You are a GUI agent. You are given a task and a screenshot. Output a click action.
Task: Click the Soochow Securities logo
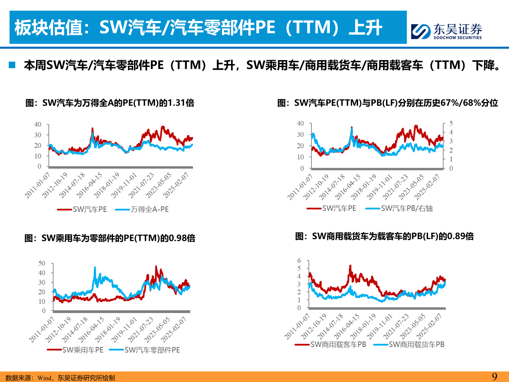[446, 31]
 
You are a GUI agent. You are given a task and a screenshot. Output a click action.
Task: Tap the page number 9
[495, 376]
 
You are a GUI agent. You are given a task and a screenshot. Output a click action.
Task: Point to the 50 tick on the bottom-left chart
[42, 263]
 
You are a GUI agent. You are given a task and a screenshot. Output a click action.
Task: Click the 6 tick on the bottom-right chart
[299, 261]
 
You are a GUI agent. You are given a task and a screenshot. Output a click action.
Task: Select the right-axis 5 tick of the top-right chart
[451, 123]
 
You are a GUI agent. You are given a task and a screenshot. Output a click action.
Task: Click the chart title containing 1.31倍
[110, 103]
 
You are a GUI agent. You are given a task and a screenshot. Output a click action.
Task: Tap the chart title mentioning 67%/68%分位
[387, 103]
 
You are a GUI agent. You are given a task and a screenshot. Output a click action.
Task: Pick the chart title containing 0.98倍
[110, 238]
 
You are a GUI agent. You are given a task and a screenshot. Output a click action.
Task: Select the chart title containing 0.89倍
[384, 236]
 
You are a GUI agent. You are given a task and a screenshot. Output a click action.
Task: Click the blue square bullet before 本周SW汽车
[12, 65]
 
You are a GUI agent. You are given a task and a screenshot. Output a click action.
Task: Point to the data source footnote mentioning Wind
[60, 378]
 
